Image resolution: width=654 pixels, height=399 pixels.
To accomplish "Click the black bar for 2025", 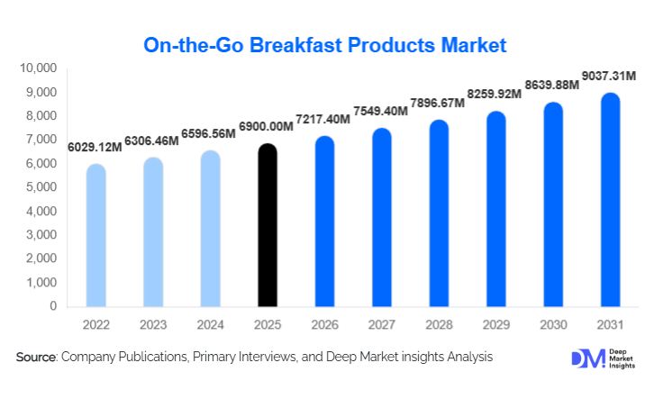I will click(268, 225).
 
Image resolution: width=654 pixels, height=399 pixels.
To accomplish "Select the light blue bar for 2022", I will click(95, 236).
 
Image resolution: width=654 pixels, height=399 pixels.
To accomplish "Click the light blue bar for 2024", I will click(210, 229).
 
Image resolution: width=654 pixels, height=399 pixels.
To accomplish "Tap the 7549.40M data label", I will click(381, 111).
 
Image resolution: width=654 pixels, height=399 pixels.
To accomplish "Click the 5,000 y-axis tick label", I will click(41, 187).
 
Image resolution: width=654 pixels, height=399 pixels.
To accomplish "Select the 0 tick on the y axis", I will click(53, 306).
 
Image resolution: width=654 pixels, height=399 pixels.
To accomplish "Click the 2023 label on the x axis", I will click(153, 323).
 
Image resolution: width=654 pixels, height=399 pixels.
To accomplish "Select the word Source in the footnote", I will click(36, 358).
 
